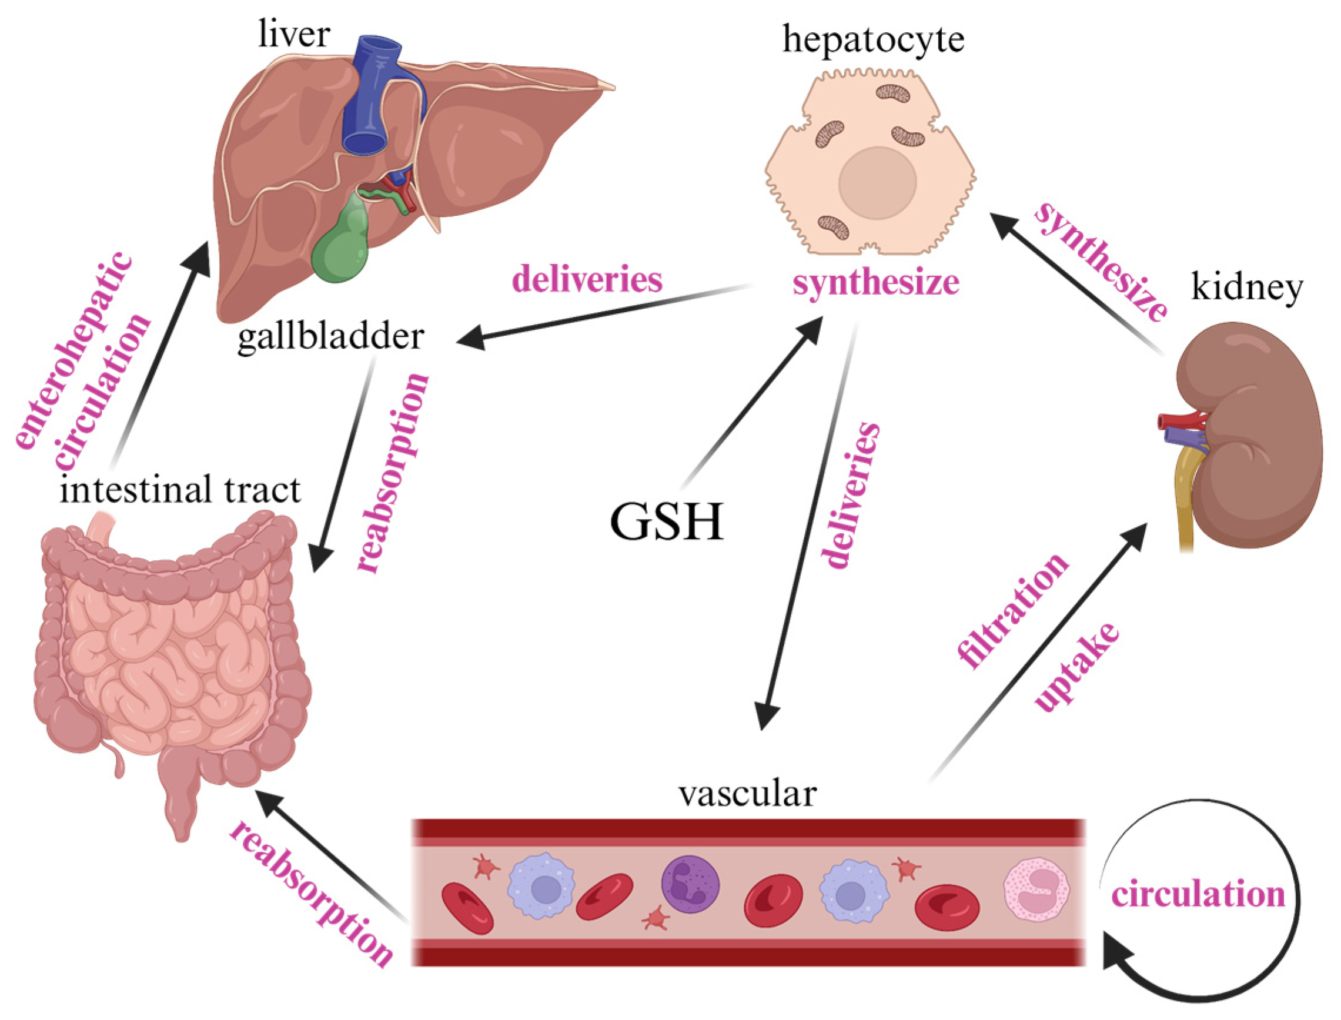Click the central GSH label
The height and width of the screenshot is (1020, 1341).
click(667, 521)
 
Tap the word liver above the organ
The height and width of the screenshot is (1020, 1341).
click(294, 34)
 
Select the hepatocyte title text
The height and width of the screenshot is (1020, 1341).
click(873, 39)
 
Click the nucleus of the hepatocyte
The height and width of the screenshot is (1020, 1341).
click(877, 182)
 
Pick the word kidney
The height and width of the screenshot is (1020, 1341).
click(1247, 286)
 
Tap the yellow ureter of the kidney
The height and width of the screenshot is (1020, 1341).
click(1186, 498)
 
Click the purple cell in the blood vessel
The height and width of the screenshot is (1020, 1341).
click(690, 884)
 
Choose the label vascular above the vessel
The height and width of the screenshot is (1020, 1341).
click(747, 794)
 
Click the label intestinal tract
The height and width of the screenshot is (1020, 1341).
click(180, 490)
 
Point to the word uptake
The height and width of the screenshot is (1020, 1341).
click(1076, 668)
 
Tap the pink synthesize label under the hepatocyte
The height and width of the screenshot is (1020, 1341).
click(875, 283)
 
